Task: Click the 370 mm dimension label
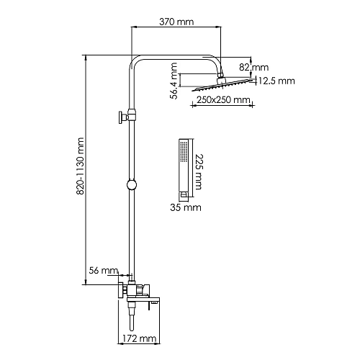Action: pyautogui.click(x=176, y=23)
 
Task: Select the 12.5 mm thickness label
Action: pyautogui.click(x=276, y=81)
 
